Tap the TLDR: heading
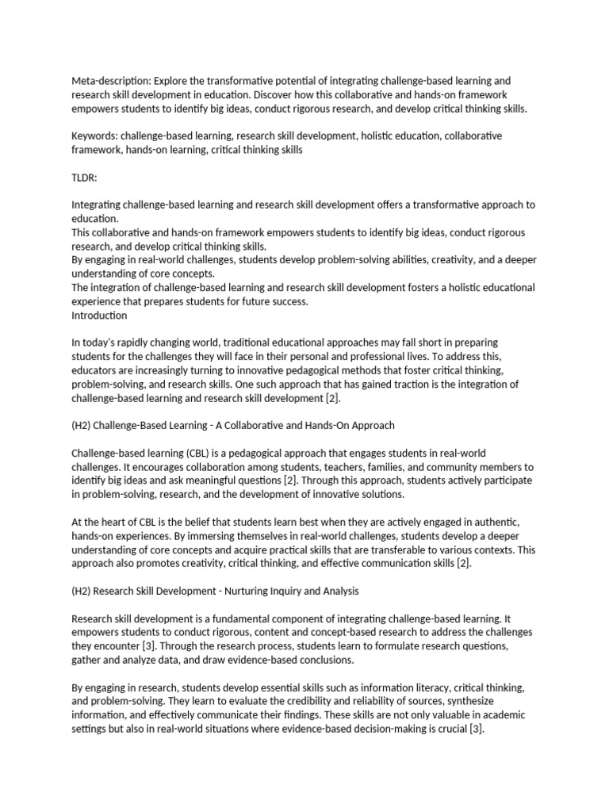point(84,177)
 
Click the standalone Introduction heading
point(99,315)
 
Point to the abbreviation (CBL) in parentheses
point(200,453)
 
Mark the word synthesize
point(478,700)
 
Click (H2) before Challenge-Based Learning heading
point(84,425)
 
